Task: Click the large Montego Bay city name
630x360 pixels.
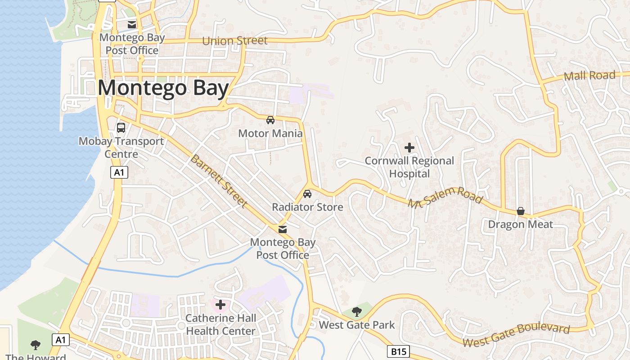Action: coord(163,88)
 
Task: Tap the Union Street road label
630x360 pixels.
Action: coord(235,41)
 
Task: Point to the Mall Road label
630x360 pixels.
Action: coord(589,76)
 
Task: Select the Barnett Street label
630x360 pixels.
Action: coord(219,181)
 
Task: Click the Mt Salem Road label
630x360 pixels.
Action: coord(445,198)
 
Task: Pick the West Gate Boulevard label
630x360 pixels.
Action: coord(516,336)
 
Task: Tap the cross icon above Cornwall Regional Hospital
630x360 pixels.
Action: coord(409,147)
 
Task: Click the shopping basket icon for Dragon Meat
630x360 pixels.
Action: coord(521,211)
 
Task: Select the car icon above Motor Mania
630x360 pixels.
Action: coord(270,120)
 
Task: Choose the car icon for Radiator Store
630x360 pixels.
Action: coord(307,194)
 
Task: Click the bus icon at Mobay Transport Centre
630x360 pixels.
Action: coord(121,128)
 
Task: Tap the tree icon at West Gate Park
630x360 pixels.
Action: coord(356,311)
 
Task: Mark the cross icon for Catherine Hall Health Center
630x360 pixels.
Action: coord(220,305)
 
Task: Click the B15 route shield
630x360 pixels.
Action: coord(398,351)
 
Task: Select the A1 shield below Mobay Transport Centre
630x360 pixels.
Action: coord(120,172)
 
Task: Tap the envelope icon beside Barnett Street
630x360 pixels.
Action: coord(283,229)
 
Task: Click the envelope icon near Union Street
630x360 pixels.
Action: coord(132,25)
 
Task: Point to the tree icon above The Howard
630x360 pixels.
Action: coord(36,345)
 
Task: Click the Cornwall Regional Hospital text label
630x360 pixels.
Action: coord(409,167)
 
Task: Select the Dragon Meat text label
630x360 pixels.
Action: coord(520,224)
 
